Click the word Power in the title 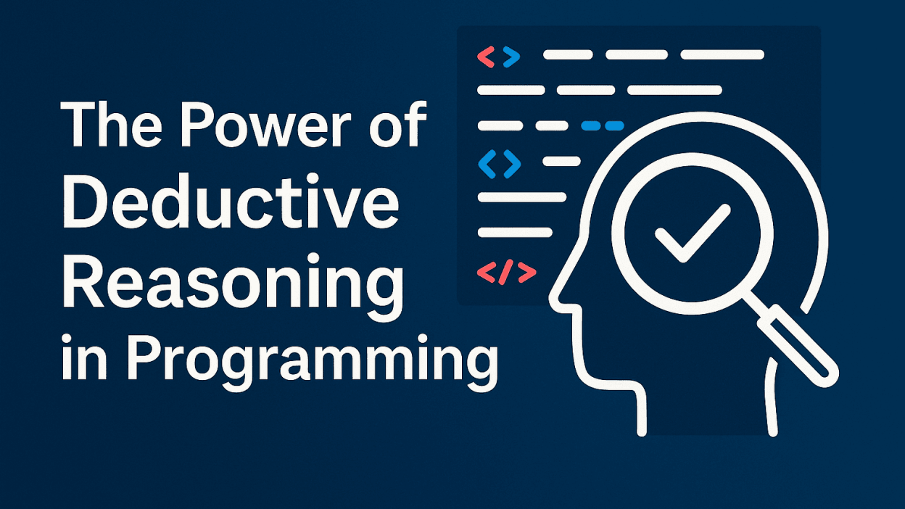point(265,125)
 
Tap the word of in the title point(398,123)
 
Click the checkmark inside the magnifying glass point(693,233)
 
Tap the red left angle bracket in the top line point(486,57)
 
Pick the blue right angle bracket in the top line point(511,57)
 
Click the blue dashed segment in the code point(603,125)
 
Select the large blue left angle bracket point(487,164)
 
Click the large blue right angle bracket point(511,164)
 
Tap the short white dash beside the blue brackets point(561,162)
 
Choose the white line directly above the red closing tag point(515,232)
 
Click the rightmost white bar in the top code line point(722,54)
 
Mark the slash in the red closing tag point(506,273)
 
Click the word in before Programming point(84,357)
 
